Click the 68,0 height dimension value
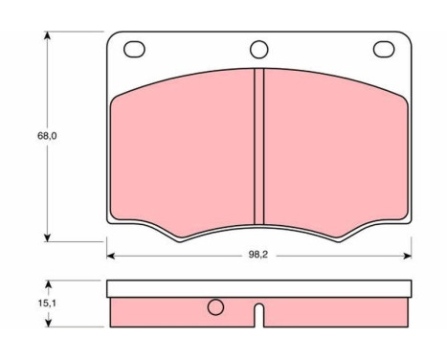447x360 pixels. point(47,136)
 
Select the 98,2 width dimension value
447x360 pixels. point(258,255)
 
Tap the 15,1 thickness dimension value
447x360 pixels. point(47,304)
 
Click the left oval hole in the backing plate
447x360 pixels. point(134,50)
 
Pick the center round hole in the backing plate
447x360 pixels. point(259,50)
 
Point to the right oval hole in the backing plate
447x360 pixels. point(384,50)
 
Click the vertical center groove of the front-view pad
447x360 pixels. point(259,146)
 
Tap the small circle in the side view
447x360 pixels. point(215,307)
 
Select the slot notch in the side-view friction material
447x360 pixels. point(259,315)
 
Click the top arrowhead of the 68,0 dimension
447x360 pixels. point(47,35)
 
